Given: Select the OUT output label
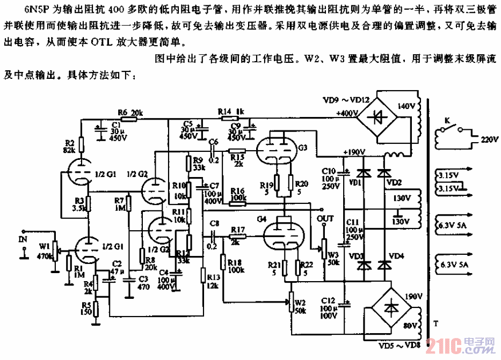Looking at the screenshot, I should [x=325, y=218].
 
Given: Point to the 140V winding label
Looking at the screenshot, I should [x=407, y=106].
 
